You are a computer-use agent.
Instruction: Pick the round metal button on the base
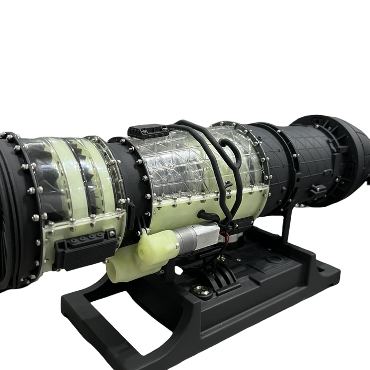[201, 289]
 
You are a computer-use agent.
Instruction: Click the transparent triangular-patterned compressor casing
[174, 164]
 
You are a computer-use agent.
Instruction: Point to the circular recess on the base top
[274, 260]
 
